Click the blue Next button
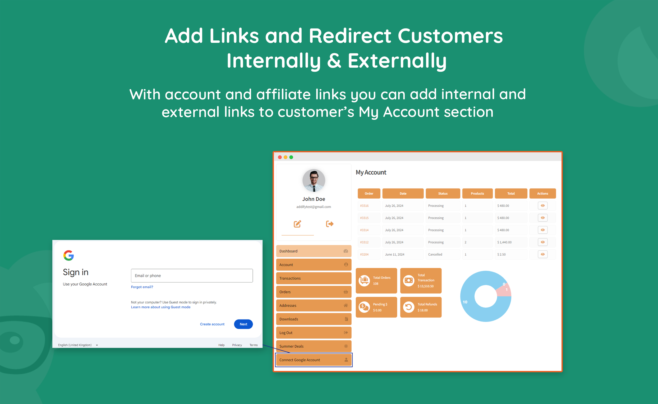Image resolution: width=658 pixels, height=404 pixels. (243, 324)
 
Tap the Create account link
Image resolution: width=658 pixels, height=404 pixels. (212, 324)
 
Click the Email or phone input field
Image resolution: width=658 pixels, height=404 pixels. (192, 276)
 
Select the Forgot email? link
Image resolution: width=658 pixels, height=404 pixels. (142, 287)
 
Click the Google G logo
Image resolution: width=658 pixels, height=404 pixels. (68, 255)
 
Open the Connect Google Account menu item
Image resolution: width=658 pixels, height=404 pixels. (314, 360)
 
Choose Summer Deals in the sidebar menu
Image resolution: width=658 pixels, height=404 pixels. (314, 346)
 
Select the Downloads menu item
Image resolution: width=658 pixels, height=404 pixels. (314, 319)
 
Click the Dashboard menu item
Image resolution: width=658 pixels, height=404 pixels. (314, 251)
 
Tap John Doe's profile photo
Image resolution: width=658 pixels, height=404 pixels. (314, 180)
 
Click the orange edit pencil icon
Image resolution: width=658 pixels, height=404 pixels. (297, 224)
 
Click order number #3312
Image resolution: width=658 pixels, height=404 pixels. (364, 242)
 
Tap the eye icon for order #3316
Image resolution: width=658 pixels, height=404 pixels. (542, 205)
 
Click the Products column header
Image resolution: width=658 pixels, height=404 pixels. (477, 194)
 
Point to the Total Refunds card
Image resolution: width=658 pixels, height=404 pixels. (421, 307)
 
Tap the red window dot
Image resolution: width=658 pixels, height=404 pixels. (280, 157)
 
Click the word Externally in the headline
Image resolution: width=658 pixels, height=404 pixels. (397, 60)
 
